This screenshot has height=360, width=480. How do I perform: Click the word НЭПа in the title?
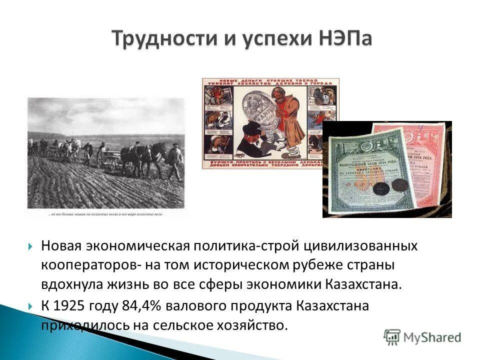(344, 39)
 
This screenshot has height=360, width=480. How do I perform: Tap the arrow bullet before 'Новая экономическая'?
(31, 247)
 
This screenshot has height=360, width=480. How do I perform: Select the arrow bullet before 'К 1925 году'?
(31, 306)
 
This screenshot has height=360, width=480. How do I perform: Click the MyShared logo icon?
(393, 336)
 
